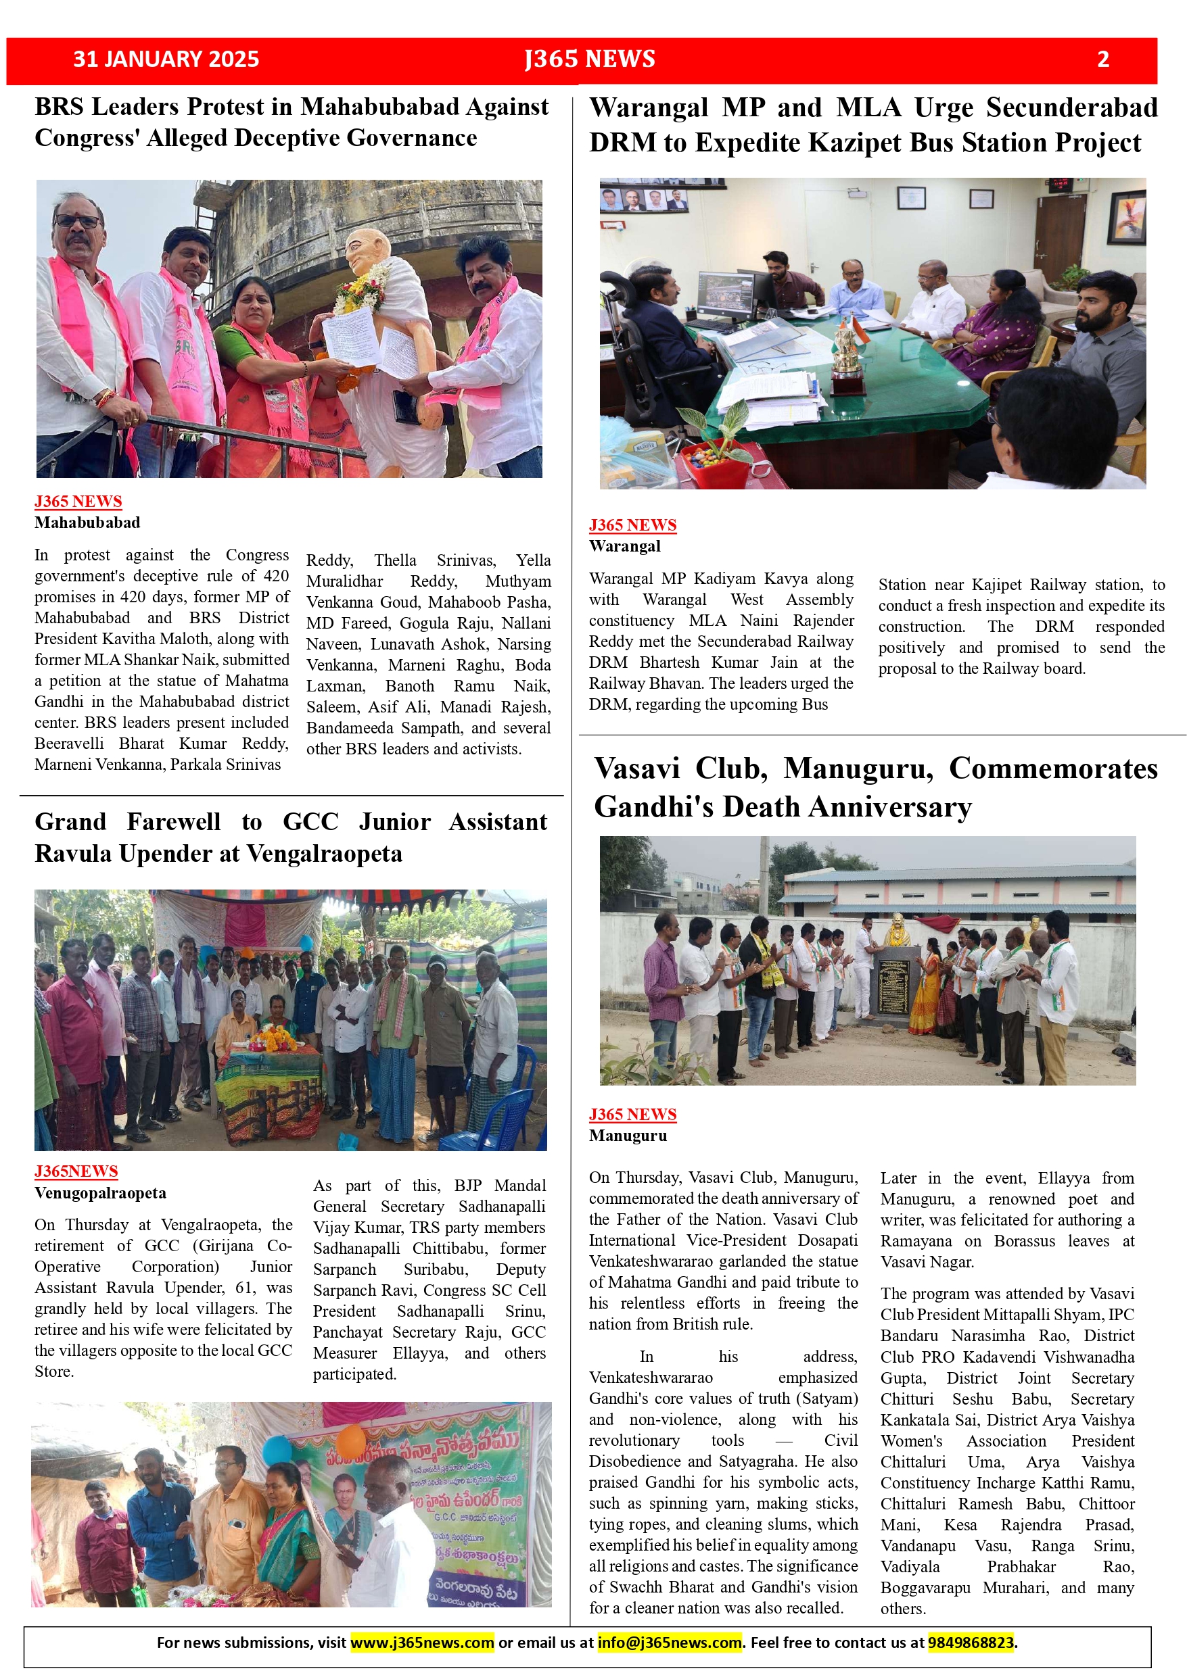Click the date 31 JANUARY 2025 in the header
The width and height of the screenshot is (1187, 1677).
166,59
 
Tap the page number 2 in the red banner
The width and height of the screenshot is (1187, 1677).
1103,59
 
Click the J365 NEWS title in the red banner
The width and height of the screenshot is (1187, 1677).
589,59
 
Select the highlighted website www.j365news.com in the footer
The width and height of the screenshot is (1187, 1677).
422,1643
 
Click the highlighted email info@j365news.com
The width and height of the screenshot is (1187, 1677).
670,1643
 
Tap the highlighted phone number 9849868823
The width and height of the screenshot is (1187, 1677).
971,1643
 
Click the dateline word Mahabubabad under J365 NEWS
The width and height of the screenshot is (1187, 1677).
87,522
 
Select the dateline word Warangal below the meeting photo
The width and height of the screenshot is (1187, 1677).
625,545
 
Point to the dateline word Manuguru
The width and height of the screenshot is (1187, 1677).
628,1135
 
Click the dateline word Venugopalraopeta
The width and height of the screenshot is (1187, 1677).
100,1193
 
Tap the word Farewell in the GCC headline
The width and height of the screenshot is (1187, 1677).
173,822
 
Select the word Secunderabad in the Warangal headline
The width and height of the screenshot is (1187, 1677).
1071,107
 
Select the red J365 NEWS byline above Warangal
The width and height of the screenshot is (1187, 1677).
632,525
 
